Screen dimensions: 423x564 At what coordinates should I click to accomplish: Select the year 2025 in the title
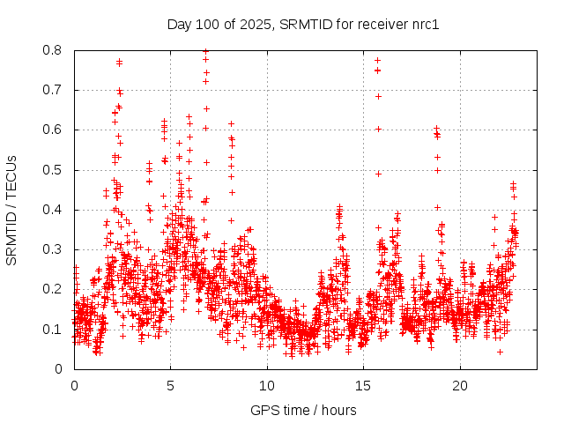click(x=255, y=24)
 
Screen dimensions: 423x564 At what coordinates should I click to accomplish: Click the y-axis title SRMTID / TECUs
click(x=11, y=210)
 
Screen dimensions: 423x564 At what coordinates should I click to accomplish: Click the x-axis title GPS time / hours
click(x=303, y=410)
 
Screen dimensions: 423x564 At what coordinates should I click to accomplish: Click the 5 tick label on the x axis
click(x=171, y=386)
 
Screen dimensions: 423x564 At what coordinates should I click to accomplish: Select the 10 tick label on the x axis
click(x=267, y=386)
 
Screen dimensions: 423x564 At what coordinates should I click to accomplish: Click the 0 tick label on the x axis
click(x=74, y=386)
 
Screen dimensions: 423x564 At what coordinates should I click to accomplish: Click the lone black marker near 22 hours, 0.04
click(x=500, y=352)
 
